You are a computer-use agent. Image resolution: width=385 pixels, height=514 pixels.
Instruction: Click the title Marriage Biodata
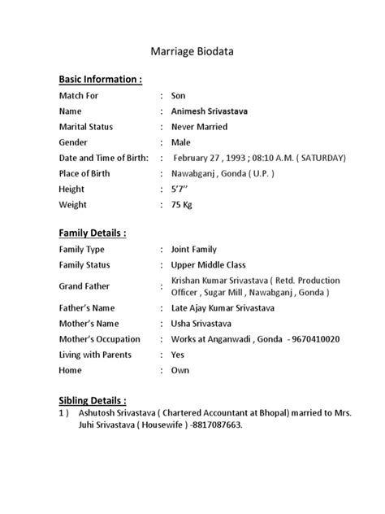(x=192, y=51)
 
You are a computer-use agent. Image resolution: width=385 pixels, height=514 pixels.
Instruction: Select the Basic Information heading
(x=101, y=80)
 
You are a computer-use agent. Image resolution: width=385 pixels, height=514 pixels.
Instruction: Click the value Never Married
(x=199, y=127)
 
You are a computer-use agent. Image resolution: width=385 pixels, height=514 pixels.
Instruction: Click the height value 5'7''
(x=181, y=189)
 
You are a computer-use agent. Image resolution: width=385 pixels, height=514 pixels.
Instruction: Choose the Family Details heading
(x=92, y=233)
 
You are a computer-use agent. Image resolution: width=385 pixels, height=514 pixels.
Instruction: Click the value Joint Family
(x=193, y=250)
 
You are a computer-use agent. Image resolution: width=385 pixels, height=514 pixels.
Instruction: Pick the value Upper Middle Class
(x=209, y=265)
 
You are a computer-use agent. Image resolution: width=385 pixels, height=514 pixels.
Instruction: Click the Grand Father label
(x=84, y=286)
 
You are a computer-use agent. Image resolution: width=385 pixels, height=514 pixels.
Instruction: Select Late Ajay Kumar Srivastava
(x=223, y=308)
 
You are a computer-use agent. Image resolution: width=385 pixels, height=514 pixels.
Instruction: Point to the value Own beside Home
(x=180, y=370)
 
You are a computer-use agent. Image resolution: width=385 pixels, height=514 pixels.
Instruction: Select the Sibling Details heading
(x=93, y=401)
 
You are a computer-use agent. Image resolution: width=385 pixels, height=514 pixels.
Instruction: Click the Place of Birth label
(x=89, y=173)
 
